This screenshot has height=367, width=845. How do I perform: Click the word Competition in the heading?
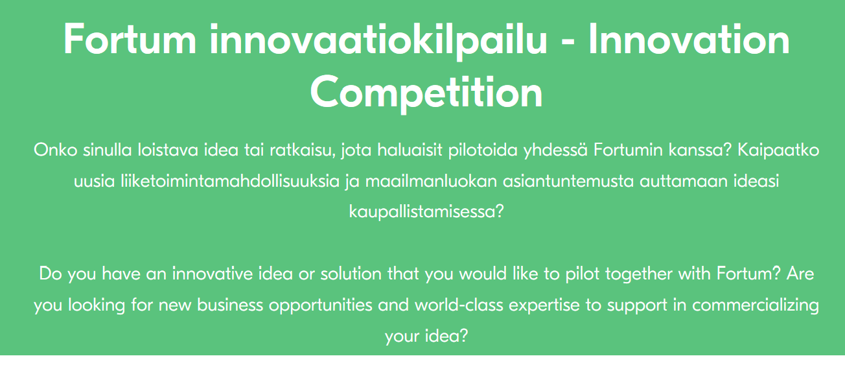point(426,93)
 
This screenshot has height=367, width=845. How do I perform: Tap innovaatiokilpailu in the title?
point(378,41)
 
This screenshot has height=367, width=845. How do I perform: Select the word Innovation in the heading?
point(689,40)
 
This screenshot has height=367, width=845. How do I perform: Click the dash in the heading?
point(568,43)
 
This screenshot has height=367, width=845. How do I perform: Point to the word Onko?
point(56,150)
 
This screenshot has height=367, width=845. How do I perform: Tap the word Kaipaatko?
point(778,150)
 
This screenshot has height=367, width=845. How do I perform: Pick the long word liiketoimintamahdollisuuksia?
point(230,181)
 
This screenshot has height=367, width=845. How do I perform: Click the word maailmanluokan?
point(431,181)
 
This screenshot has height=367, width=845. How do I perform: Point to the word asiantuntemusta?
point(568,182)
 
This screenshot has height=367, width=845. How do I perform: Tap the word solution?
point(351,274)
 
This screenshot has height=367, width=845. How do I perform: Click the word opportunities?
point(320,305)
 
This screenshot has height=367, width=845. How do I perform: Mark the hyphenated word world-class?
point(459,305)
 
